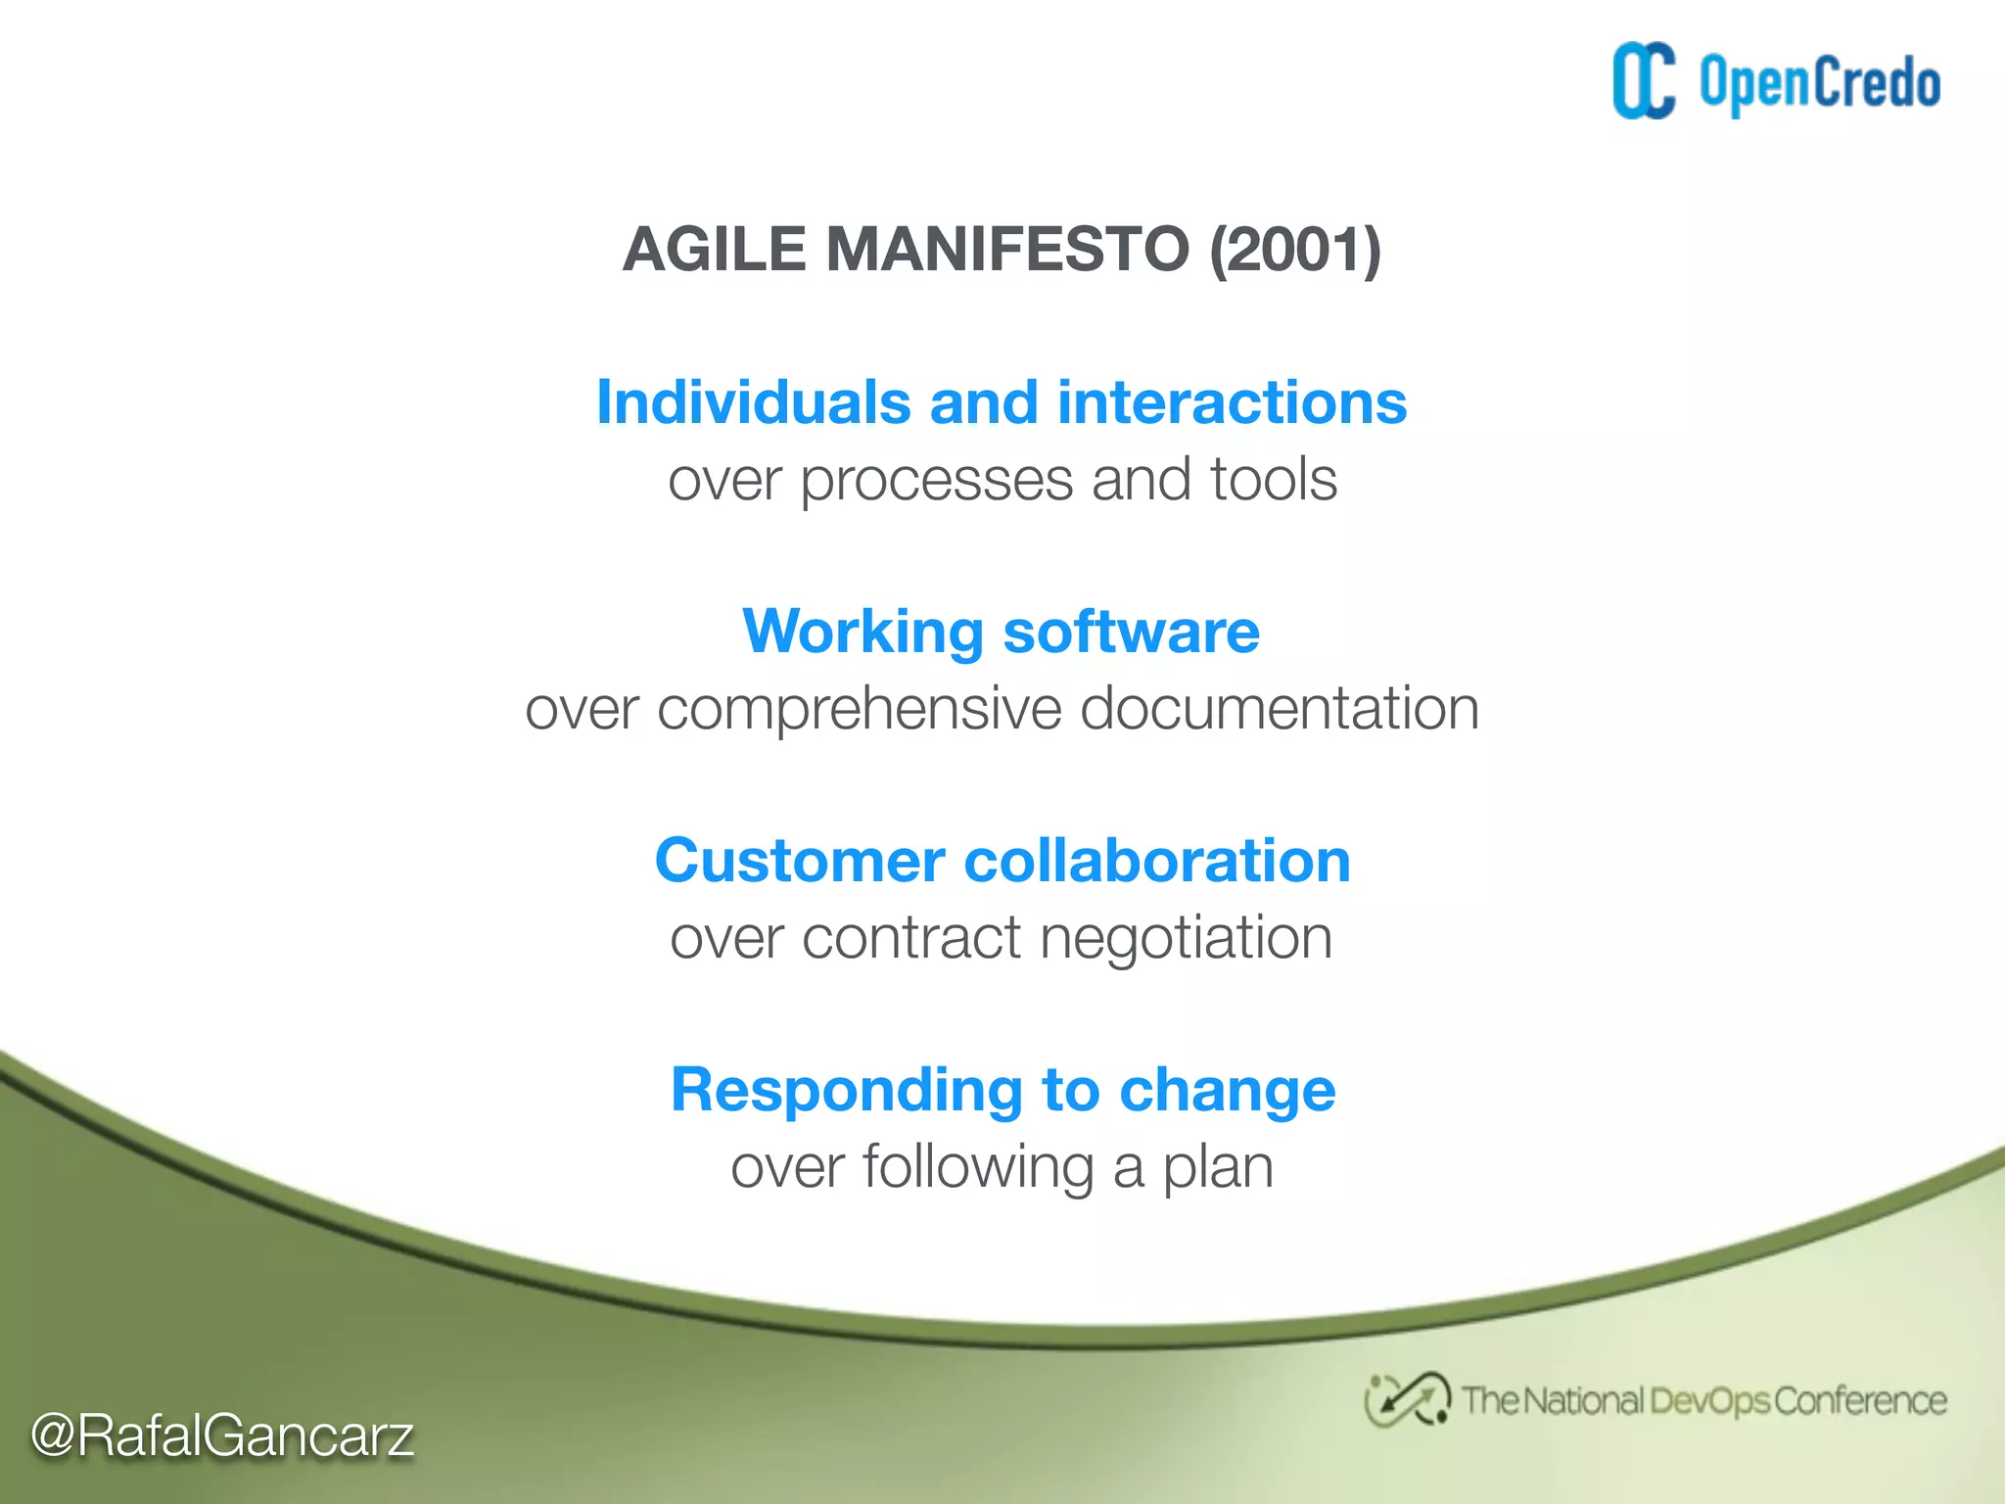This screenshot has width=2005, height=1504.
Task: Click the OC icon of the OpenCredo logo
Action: [x=1643, y=81]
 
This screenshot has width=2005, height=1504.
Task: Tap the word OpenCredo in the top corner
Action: [x=1819, y=83]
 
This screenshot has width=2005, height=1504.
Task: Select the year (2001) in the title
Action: [x=1294, y=249]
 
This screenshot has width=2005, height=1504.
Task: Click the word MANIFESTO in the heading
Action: [x=1007, y=249]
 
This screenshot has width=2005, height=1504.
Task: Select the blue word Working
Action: [x=863, y=632]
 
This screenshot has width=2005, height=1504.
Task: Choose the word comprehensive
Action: [x=859, y=710]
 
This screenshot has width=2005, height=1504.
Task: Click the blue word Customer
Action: [x=800, y=861]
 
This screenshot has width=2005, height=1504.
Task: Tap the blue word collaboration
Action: [x=1157, y=861]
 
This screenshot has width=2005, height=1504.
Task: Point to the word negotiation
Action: [x=1186, y=939]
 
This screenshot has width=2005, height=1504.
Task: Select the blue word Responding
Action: [x=846, y=1091]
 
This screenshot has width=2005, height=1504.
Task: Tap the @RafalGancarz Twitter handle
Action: [x=222, y=1435]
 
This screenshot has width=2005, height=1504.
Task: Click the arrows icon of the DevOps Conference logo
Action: [x=1407, y=1399]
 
